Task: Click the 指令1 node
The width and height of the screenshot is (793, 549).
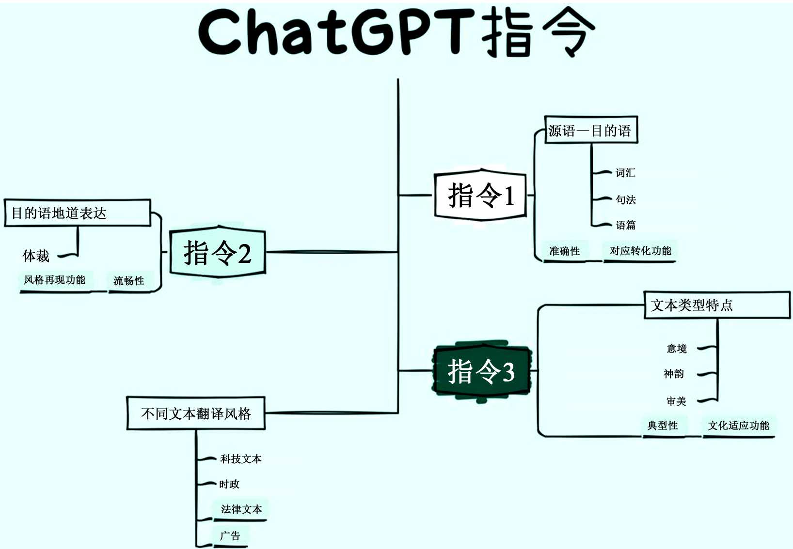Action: tap(480, 195)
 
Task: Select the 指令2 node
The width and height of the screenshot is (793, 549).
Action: tap(218, 252)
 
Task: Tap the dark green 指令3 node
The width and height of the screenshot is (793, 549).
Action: tap(481, 371)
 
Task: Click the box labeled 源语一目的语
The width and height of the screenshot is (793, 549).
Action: tap(590, 130)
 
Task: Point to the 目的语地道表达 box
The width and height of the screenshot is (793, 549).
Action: tap(78, 213)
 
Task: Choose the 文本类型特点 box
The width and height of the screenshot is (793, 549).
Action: tap(716, 305)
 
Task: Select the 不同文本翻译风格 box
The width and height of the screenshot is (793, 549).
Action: tap(196, 413)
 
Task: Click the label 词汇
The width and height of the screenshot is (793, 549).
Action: tap(625, 173)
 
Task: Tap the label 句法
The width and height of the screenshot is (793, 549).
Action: tap(625, 199)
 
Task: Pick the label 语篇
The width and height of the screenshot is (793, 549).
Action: tap(625, 225)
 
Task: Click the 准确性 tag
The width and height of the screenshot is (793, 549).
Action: tap(564, 251)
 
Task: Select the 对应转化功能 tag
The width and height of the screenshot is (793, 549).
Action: tap(640, 251)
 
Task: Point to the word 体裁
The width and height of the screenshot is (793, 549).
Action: tap(36, 256)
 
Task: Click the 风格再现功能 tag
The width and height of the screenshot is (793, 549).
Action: tap(55, 280)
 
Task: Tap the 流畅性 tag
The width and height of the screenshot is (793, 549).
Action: tap(128, 281)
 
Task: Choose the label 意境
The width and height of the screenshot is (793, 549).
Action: tap(676, 349)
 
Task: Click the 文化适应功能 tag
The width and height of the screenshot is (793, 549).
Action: tap(738, 426)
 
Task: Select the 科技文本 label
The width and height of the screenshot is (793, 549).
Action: tap(241, 459)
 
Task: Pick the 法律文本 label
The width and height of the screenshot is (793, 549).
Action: tap(241, 509)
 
